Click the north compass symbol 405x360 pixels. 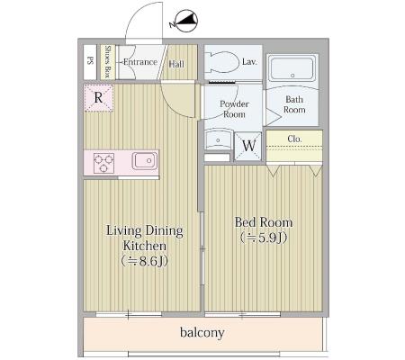tap(184, 21)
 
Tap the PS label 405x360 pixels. tap(90, 61)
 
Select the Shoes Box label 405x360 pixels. tap(108, 62)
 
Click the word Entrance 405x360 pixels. tap(140, 62)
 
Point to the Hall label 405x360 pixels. tap(176, 64)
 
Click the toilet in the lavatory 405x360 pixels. tap(222, 62)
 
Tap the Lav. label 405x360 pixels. tap(249, 62)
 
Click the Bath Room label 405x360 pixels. tap(294, 104)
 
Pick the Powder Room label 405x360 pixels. tap(234, 109)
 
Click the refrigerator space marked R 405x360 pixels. tap(98, 98)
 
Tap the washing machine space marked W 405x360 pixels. tap(248, 146)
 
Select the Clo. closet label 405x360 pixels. tap(294, 139)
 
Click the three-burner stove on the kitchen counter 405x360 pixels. tap(103, 163)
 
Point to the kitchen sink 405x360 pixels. tap(145, 161)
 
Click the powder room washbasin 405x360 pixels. tap(218, 140)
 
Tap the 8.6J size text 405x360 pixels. tap(145, 262)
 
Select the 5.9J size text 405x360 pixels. tap(264, 238)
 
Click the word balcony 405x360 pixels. tap(202, 332)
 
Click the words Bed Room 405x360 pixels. tap(264, 222)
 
